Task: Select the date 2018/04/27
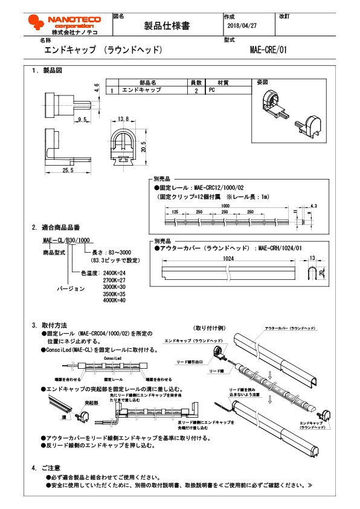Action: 242,27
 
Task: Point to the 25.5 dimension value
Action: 68,170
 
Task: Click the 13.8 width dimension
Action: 124,119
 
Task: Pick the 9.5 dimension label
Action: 83,120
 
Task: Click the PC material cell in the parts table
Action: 212,89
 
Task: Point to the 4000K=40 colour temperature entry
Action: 114,300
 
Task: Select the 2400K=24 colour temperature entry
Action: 114,273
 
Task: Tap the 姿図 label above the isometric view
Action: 262,82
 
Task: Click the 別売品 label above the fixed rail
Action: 162,180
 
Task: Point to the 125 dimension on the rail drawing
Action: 175,213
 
